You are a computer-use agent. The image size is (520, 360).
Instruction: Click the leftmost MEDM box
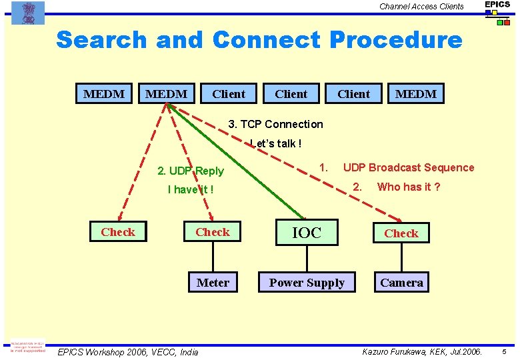coord(104,94)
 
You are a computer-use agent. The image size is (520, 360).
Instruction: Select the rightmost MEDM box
coord(416,94)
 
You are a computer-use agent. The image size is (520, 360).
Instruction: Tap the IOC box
coord(307,233)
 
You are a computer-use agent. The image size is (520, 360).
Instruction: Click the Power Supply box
coord(307,283)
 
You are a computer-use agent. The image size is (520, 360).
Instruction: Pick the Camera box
coord(401,283)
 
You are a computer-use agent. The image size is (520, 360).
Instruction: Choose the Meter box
coord(213,283)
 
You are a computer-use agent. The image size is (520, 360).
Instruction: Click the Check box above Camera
coord(401,233)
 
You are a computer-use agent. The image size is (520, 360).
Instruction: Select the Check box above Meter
coord(213,232)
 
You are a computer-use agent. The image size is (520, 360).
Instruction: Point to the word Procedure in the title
coord(395,40)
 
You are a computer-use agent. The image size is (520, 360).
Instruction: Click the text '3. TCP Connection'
coord(275,124)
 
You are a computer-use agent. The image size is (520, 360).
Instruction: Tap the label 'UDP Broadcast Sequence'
coord(409,167)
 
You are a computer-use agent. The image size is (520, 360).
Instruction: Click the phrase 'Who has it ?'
coord(409,187)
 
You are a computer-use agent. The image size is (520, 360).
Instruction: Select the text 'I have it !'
coord(191,189)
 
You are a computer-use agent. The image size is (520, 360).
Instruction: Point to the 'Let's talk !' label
coord(276,143)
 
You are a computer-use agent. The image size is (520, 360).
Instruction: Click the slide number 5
coord(505,351)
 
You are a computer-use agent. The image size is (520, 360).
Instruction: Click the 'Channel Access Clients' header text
coord(421,7)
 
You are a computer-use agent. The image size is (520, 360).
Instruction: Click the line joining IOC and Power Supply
coord(307,259)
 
